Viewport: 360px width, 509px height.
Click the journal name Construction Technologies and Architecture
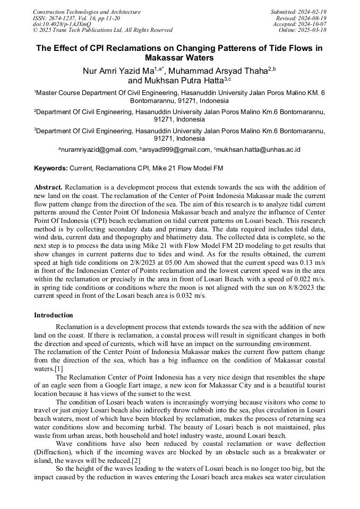coord(87,12)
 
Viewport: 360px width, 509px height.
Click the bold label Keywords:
coord(51,168)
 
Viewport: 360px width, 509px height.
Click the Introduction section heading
coord(54,315)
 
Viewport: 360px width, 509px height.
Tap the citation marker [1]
coord(58,368)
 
